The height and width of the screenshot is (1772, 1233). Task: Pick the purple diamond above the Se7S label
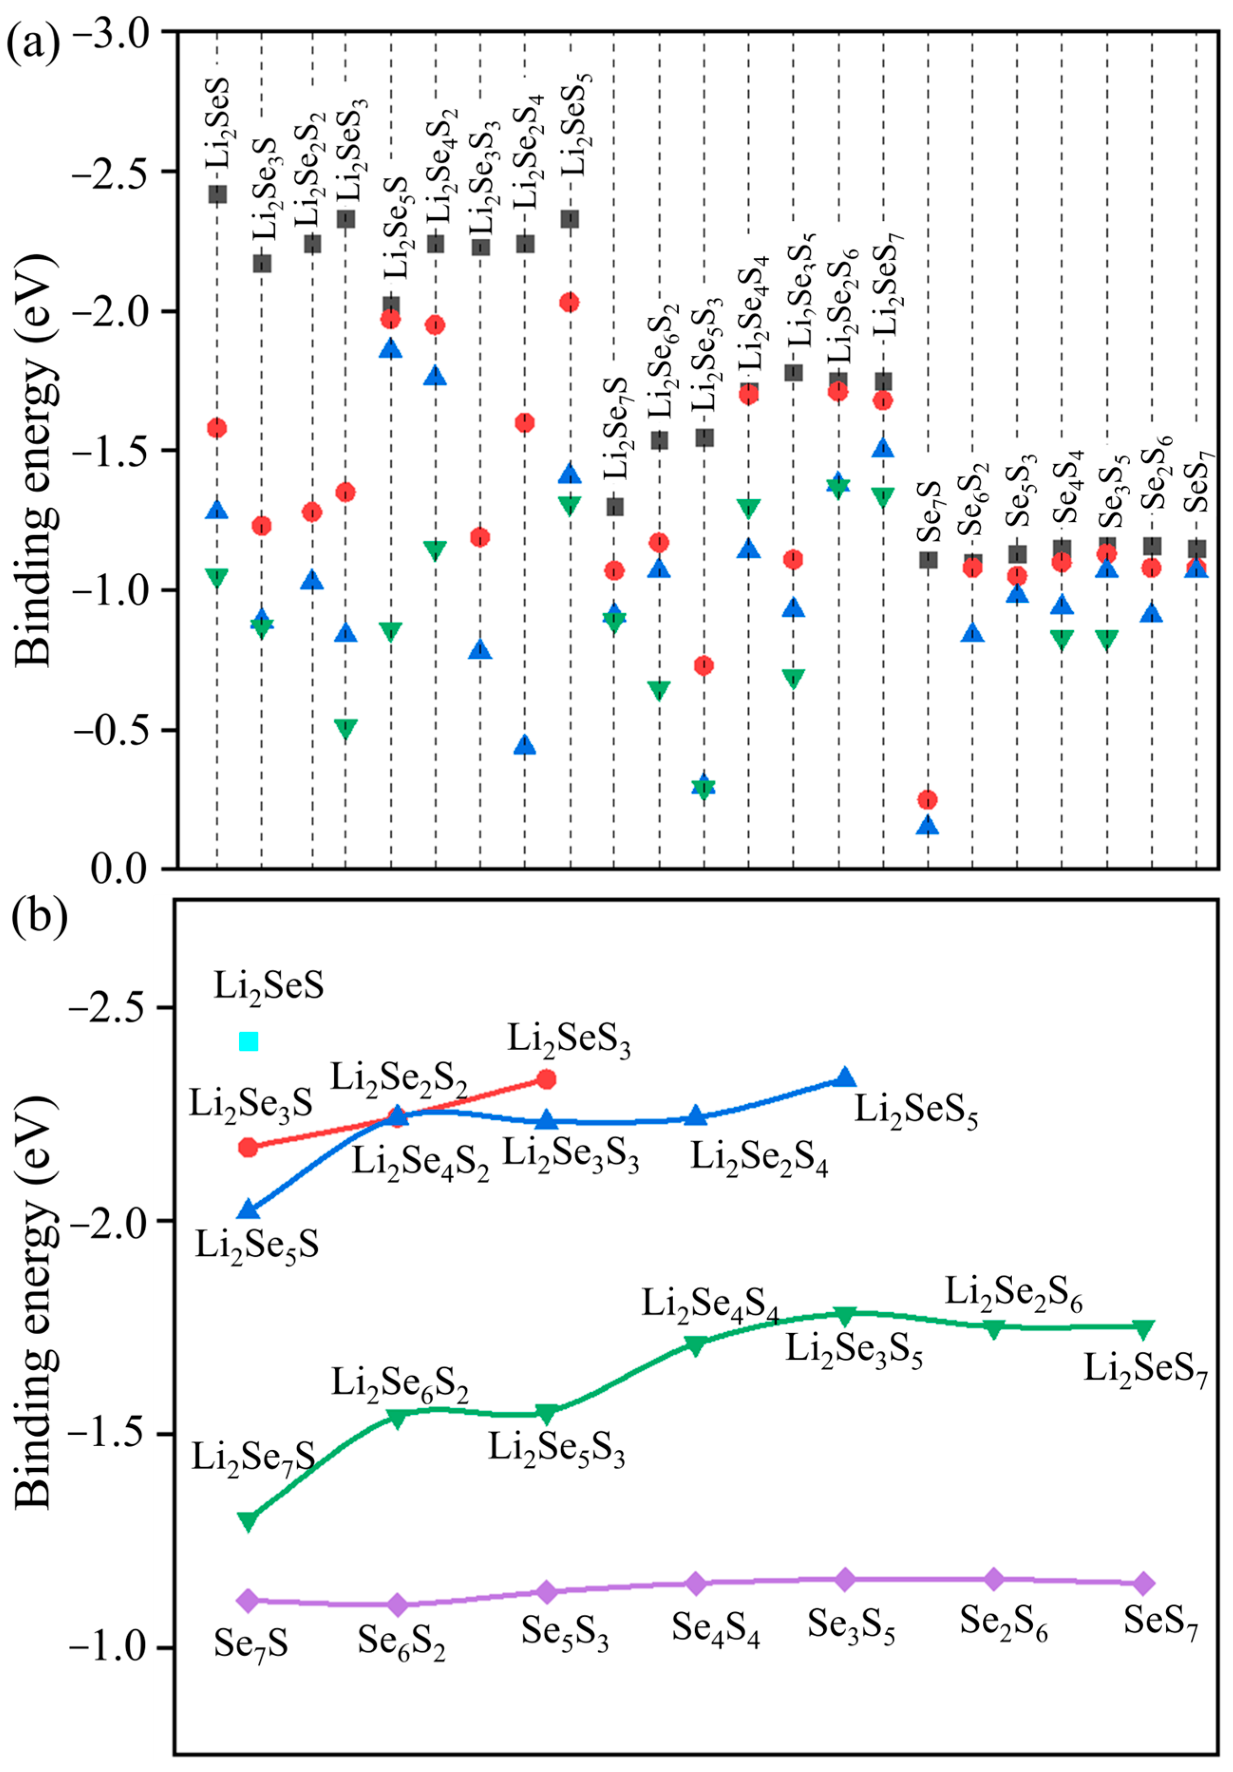(248, 1600)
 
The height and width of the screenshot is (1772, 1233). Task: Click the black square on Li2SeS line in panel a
(217, 194)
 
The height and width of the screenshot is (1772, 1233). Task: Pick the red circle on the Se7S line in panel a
(928, 799)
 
